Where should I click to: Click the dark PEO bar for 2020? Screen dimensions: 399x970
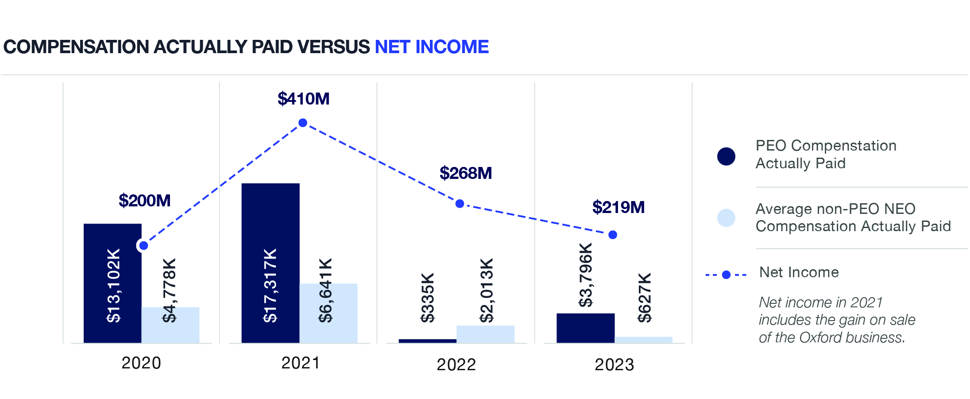tap(112, 283)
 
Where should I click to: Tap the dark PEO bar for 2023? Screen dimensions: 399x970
tap(585, 328)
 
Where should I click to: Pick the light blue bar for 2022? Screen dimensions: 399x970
tap(485, 334)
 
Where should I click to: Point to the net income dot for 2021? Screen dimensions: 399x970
tap(303, 123)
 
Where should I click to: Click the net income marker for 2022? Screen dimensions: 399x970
tap(460, 204)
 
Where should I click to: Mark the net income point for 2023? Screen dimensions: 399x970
tap(613, 235)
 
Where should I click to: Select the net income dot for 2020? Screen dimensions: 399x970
tap(143, 245)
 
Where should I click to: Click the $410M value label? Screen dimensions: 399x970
tap(303, 99)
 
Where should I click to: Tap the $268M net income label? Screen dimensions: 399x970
tap(465, 173)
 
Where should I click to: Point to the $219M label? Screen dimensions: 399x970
tap(618, 207)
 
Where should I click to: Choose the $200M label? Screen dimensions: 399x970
tap(144, 201)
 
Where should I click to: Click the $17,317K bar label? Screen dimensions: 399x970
tap(270, 285)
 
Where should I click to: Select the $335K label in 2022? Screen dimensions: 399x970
tap(428, 298)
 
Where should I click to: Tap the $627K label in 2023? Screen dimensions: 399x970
tap(645, 298)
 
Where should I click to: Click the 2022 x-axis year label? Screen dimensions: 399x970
tap(456, 364)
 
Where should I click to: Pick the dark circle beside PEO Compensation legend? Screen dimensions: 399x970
tap(726, 156)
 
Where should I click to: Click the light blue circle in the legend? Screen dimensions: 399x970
tap(726, 218)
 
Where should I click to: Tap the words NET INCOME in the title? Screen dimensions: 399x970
tap(432, 47)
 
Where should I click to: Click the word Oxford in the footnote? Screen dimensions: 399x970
tap(820, 337)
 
